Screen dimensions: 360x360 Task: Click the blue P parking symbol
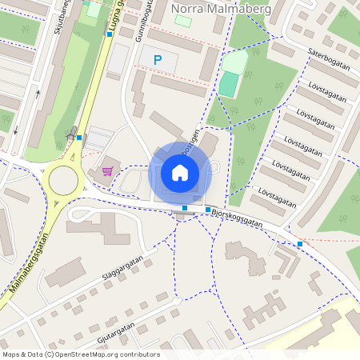[158, 59]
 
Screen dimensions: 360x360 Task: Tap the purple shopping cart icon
[107, 170]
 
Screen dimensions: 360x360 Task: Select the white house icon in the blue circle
[180, 173]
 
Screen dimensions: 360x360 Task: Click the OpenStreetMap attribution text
[81, 354]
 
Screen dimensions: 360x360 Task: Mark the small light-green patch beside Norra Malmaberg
[183, 21]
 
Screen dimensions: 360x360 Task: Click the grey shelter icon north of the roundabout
[74, 131]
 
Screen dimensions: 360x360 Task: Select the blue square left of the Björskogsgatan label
[208, 210]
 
